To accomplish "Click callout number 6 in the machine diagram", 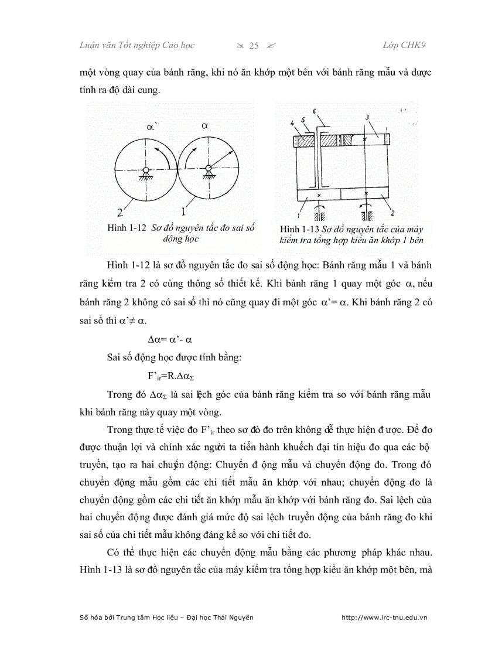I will [x=315, y=111].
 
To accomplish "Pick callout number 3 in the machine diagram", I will [x=367, y=118].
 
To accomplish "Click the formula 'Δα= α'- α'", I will [x=170, y=340].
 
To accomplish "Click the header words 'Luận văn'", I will [x=97, y=46].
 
